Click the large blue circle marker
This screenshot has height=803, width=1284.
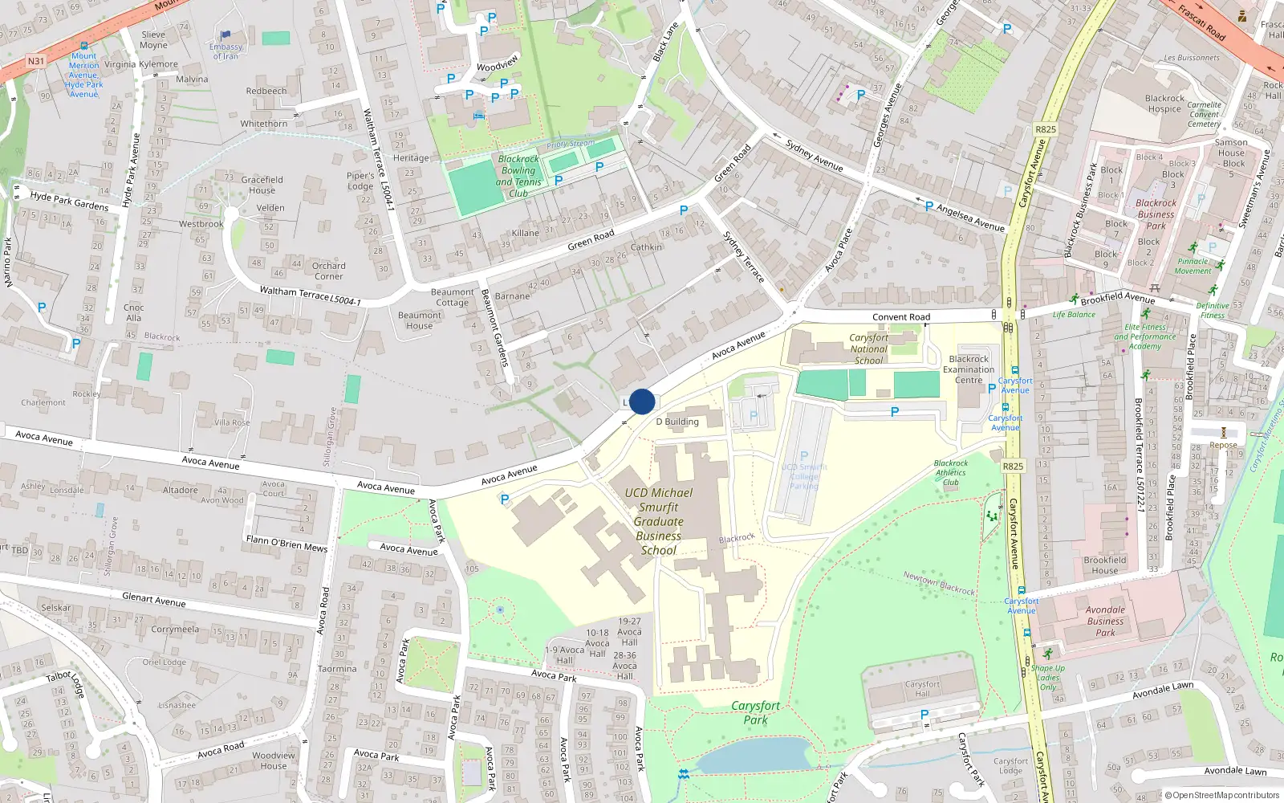click(x=642, y=401)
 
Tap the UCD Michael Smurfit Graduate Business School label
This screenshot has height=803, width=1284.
click(x=659, y=522)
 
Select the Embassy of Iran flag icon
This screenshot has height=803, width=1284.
click(x=226, y=35)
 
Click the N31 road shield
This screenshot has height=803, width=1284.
click(x=36, y=61)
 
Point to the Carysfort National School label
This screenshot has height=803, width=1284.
click(x=868, y=349)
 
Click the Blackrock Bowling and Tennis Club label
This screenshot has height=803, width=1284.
click(x=518, y=176)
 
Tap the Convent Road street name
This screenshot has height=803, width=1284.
click(x=901, y=317)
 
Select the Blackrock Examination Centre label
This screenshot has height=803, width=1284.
click(x=969, y=369)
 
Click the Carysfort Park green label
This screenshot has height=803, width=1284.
click(x=755, y=712)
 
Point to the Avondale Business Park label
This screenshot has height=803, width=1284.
click(x=1105, y=621)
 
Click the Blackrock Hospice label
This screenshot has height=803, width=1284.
click(x=1164, y=104)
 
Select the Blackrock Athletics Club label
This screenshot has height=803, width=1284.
click(x=951, y=473)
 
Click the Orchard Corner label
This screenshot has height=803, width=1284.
click(x=328, y=271)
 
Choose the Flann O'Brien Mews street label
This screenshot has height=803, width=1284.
click(x=286, y=544)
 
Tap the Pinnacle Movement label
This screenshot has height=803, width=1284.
click(x=1193, y=266)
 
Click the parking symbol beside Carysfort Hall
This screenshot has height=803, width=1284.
click(x=924, y=714)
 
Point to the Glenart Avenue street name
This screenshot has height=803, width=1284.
click(x=153, y=600)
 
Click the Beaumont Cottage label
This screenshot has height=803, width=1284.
click(x=452, y=297)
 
